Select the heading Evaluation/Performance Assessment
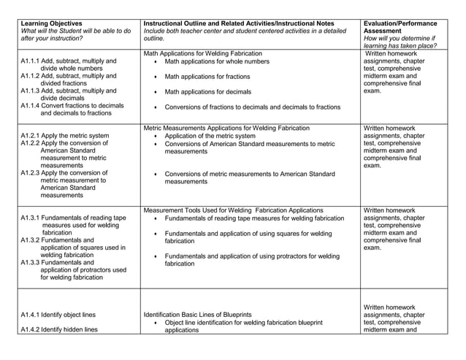tap(405, 27)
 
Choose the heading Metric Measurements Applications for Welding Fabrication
tap(226, 128)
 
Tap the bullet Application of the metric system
tap(210, 136)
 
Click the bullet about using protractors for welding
tap(252, 260)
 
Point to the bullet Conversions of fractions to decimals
tap(253, 107)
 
